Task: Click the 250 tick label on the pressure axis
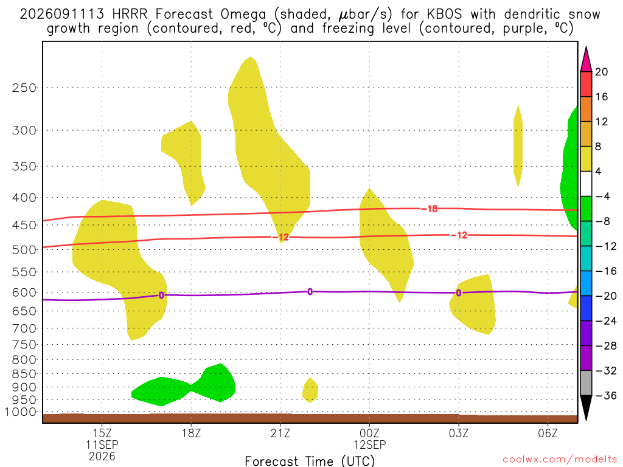[24, 88]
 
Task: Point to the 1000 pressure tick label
[21, 412]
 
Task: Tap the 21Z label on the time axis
[280, 433]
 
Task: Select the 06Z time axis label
[548, 433]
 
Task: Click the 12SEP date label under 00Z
[369, 445]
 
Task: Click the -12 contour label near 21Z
[280, 237]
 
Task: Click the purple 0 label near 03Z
[459, 293]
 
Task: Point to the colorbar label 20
[601, 72]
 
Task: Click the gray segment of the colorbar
[586, 383]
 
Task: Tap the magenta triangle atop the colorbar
[586, 60]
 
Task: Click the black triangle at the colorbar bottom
[586, 407]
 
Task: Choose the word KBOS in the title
[444, 15]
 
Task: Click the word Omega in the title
[243, 15]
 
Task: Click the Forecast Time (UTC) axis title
[310, 461]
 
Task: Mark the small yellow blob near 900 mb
[310, 390]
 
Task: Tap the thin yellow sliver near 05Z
[518, 146]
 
